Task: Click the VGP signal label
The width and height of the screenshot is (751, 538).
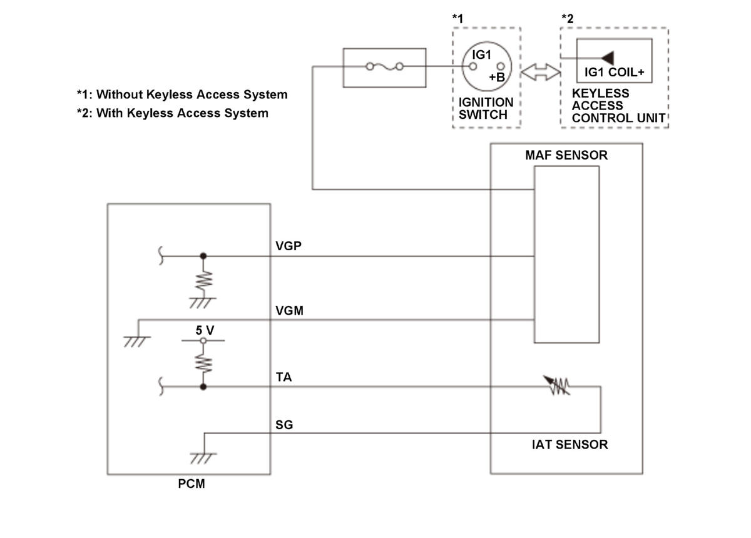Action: click(x=289, y=246)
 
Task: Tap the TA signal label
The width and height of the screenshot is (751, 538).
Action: click(x=284, y=378)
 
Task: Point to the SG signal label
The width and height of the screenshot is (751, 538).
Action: click(x=284, y=425)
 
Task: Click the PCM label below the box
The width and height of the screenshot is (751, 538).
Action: click(x=191, y=484)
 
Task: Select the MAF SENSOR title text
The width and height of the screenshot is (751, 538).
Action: click(x=566, y=155)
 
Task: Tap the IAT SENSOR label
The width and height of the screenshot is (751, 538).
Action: click(x=566, y=445)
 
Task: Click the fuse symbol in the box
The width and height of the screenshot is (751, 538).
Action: click(x=385, y=67)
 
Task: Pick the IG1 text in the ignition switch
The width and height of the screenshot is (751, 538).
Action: click(x=482, y=55)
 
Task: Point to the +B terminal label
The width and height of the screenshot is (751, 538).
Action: click(x=497, y=77)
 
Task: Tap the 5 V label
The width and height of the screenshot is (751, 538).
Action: click(x=205, y=330)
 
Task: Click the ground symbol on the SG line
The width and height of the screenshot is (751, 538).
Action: click(x=203, y=457)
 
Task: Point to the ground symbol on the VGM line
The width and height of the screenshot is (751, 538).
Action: click(x=137, y=342)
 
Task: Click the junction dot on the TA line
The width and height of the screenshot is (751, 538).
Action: click(x=202, y=387)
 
